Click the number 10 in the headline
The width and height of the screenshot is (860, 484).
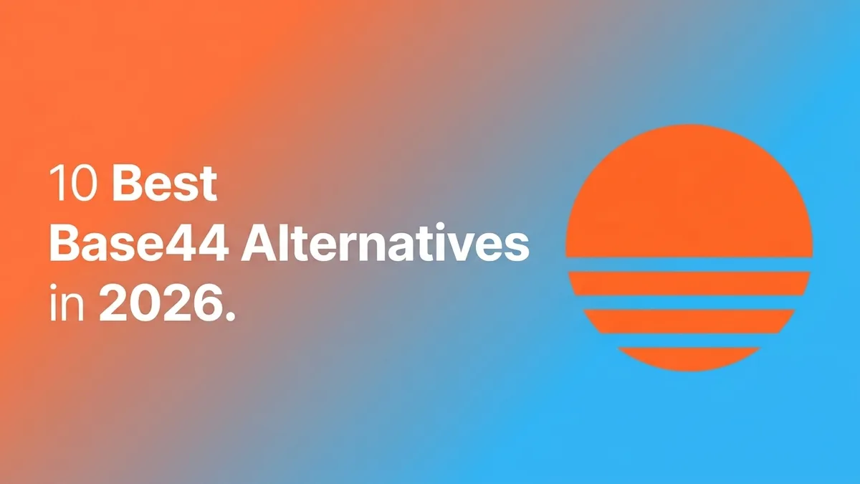pos(72,184)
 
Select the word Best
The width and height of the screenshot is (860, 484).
pos(165,184)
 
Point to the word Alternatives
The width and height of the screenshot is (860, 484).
pos(385,242)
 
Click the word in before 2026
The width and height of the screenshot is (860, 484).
pos(67,302)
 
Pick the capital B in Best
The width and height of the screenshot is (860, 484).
pos(127,184)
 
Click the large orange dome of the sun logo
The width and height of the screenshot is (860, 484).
pos(689,192)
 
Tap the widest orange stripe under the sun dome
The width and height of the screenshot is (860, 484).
pos(689,283)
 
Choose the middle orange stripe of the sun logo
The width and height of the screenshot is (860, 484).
pos(689,321)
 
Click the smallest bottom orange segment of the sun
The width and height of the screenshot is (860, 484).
pos(689,358)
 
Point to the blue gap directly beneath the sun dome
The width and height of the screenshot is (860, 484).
pos(689,265)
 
